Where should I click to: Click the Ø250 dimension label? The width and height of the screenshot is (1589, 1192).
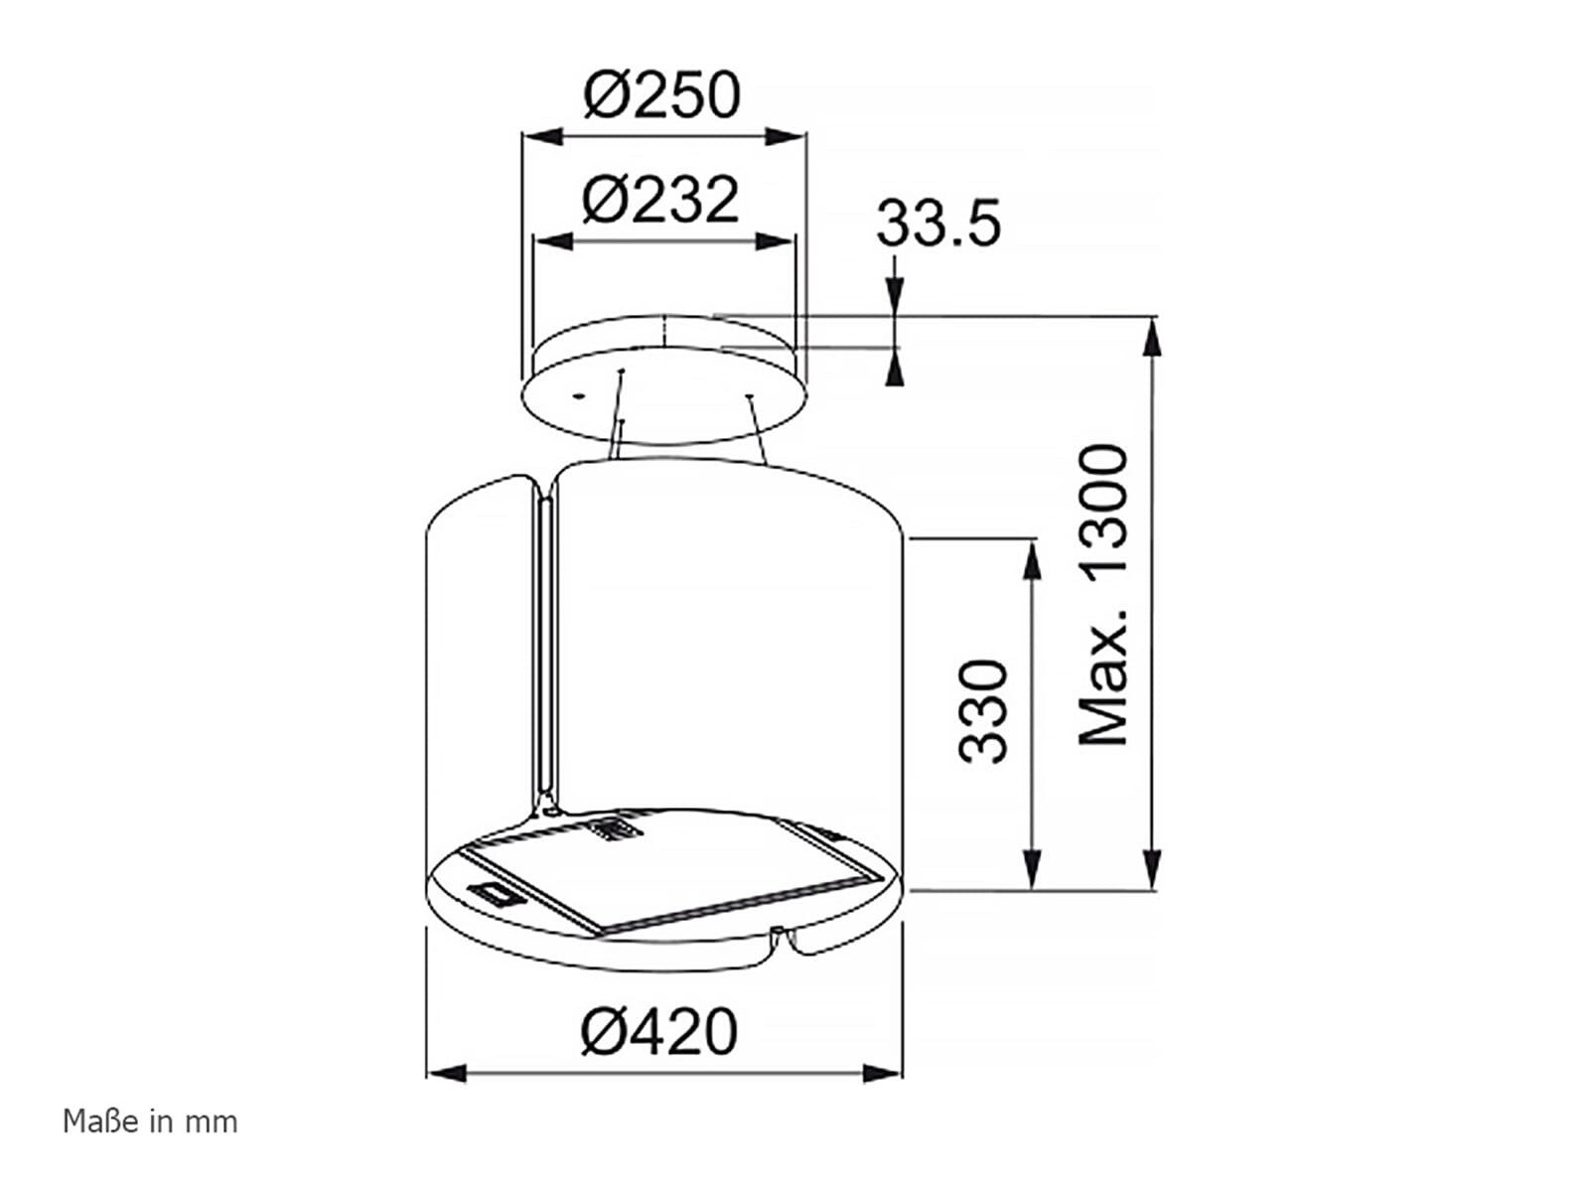coord(661,95)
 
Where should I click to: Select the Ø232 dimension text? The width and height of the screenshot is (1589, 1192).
coord(660,199)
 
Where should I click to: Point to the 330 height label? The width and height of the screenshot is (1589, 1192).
coord(982,711)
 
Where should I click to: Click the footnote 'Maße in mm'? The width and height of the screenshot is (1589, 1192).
coord(150,1122)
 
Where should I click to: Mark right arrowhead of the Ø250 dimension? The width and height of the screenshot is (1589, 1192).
coord(786,135)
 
